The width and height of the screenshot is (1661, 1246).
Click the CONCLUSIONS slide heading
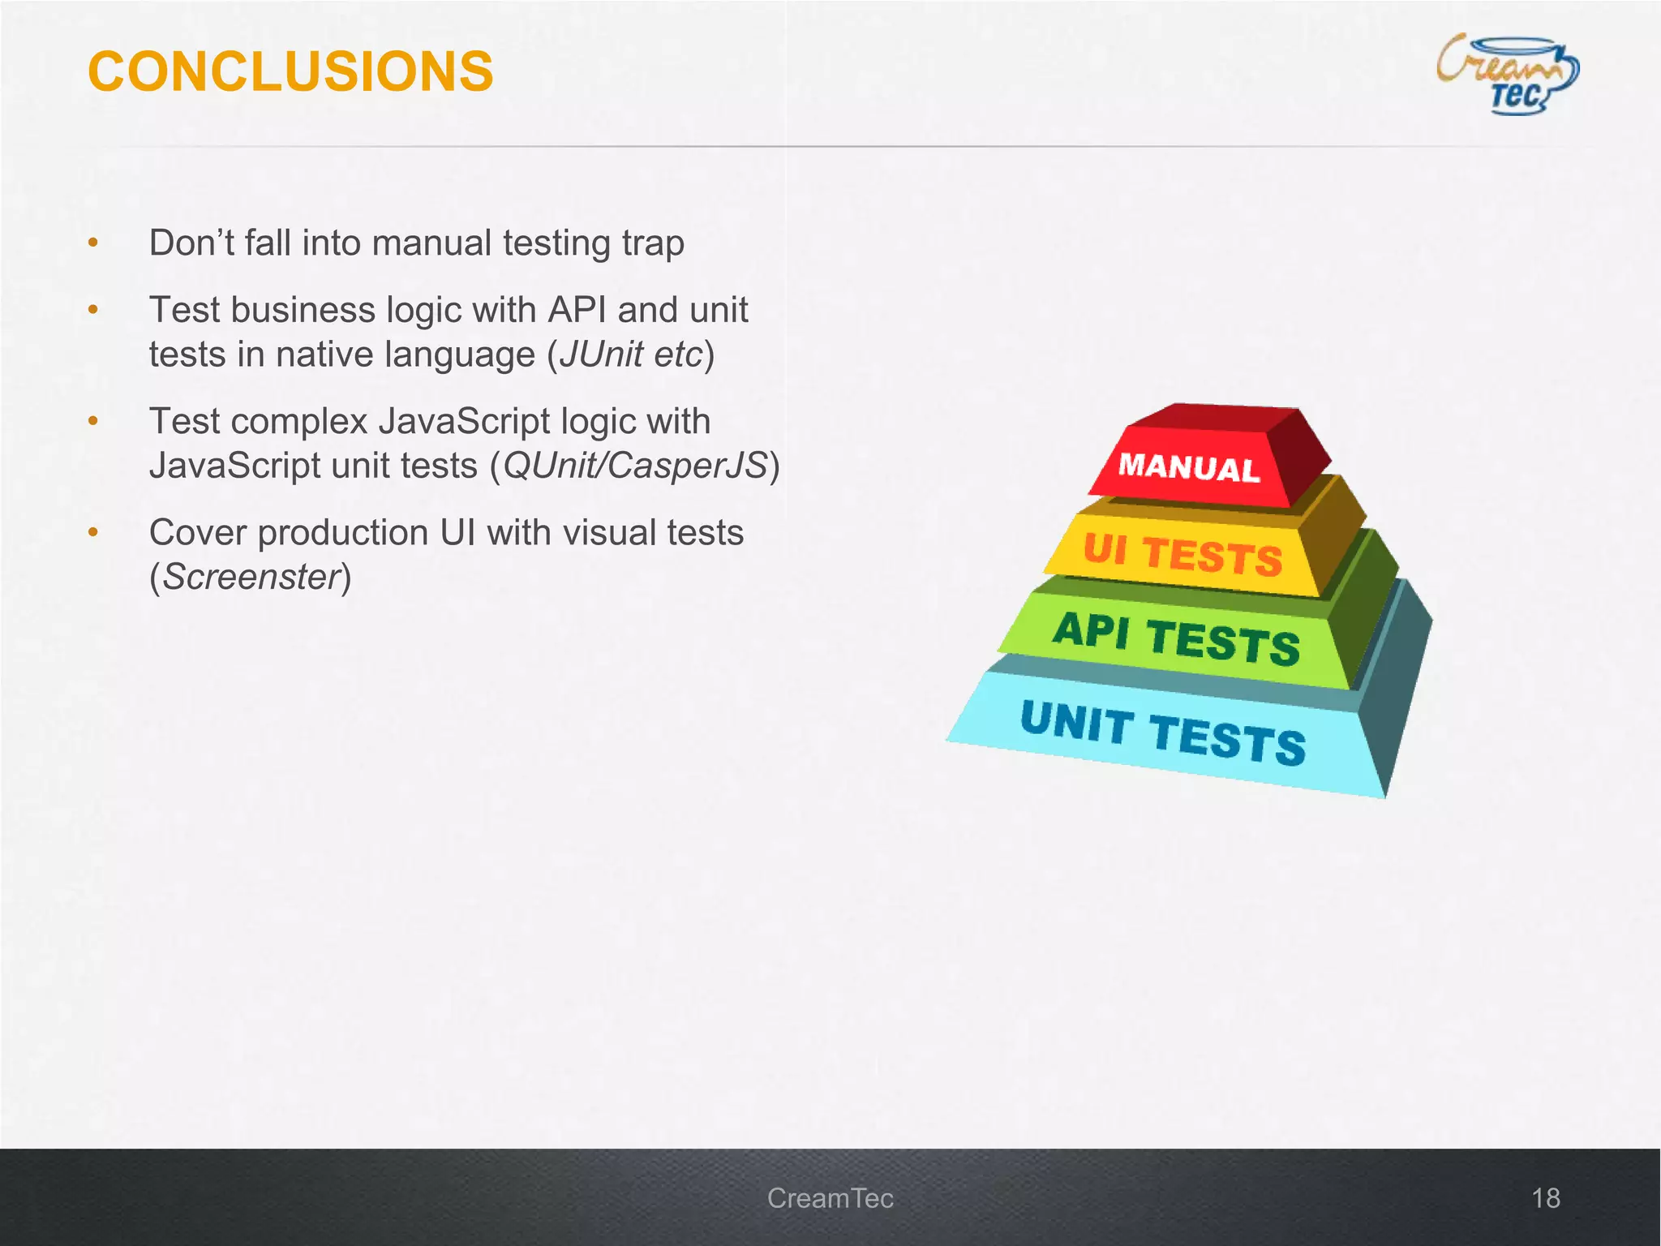coord(290,71)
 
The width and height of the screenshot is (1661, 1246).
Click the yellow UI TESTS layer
coord(1182,555)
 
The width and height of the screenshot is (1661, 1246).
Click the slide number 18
coord(1545,1198)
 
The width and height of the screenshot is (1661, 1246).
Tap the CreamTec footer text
coord(830,1198)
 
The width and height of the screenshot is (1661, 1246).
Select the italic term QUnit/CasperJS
coord(634,466)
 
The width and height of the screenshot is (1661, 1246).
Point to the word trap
coord(653,243)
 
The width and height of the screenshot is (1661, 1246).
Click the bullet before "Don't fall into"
coord(93,243)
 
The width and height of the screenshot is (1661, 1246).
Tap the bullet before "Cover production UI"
coord(93,532)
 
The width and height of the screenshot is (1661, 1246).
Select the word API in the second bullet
coord(578,310)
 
